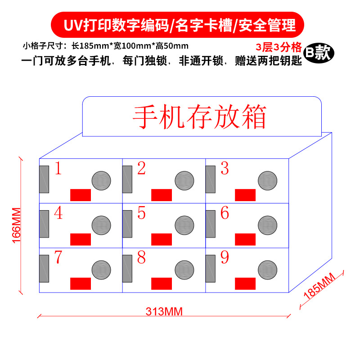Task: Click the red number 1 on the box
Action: (58, 169)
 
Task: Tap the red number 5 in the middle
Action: (141, 213)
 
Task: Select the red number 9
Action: (225, 258)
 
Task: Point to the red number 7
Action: (58, 257)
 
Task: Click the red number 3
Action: (225, 169)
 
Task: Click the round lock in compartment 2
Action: (184, 180)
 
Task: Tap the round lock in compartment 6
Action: (267, 225)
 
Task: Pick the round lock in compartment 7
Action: (101, 270)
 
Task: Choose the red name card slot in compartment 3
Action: (245, 195)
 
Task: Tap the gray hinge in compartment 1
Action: (44, 180)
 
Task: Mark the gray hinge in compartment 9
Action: (210, 269)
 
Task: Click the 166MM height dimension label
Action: (17, 225)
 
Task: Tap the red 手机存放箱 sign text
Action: (199, 117)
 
